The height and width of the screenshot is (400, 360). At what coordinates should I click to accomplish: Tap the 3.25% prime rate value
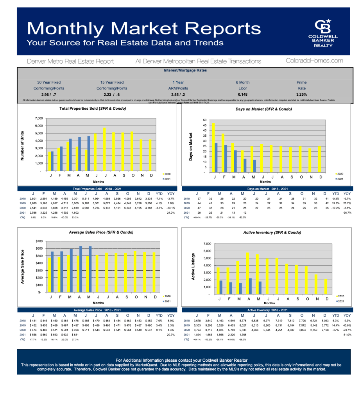click(x=301, y=95)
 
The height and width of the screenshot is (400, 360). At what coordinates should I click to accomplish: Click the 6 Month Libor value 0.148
click(x=242, y=95)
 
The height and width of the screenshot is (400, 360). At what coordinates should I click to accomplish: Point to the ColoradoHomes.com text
click(x=314, y=61)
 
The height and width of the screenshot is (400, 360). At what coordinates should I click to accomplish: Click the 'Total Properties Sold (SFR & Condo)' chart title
click(x=92, y=108)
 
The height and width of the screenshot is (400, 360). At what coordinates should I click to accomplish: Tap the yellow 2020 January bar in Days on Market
click(x=213, y=147)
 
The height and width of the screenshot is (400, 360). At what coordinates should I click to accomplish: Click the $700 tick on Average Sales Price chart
click(x=39, y=241)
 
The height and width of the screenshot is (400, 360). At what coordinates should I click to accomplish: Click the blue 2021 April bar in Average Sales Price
click(x=81, y=269)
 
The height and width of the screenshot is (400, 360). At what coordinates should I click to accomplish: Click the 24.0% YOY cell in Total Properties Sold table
click(x=170, y=212)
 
